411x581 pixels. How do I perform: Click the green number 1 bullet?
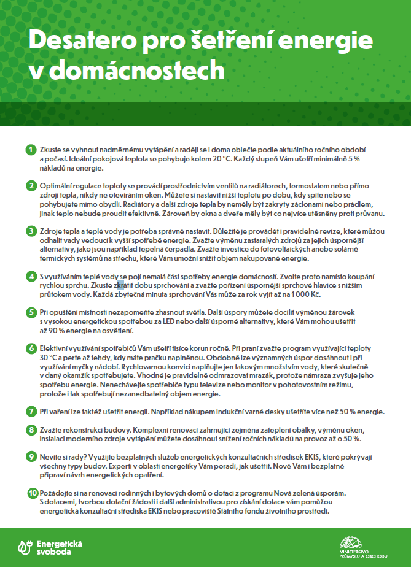31,150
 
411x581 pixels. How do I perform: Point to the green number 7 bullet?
31,411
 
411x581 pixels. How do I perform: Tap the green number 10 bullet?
32,493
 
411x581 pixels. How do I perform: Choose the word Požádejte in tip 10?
59,493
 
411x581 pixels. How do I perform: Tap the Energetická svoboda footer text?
59,547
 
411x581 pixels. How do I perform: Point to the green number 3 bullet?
31,231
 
